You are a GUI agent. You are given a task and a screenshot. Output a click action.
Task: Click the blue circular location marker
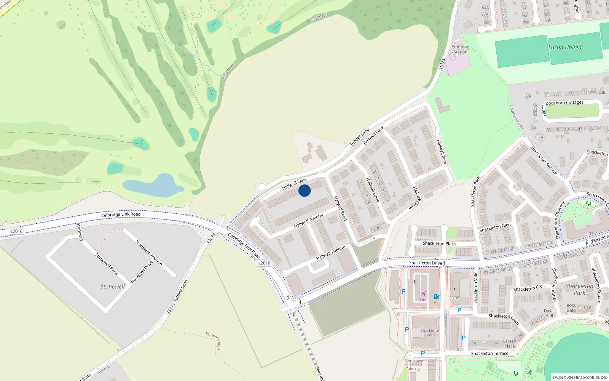coord(304,190)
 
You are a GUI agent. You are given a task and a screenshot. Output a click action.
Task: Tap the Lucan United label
coord(565,48)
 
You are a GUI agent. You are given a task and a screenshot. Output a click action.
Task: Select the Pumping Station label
coord(461,50)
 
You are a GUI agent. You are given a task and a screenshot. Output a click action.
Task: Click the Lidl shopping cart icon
coord(423,294)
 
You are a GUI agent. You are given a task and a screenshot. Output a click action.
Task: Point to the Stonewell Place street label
coord(107,264)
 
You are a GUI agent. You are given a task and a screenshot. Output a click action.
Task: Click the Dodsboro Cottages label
coord(564,103)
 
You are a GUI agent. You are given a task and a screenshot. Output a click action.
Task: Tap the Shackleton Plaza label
coord(439,243)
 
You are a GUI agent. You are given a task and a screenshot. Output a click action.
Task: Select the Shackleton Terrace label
coord(489,354)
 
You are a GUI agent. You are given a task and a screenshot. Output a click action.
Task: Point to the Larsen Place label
coord(510,344)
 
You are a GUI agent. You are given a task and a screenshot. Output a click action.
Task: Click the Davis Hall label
coord(549,313)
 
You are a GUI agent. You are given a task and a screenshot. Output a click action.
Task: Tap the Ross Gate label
coord(571,308)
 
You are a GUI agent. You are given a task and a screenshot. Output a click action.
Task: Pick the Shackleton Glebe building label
coord(430,333)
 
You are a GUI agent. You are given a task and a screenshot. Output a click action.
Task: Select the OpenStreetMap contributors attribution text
coord(580,378)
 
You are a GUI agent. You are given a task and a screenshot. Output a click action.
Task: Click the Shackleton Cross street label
coord(530,288)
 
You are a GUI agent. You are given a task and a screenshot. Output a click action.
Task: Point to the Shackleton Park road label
coord(475,192)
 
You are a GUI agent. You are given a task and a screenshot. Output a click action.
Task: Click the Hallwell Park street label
coord(442,152)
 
